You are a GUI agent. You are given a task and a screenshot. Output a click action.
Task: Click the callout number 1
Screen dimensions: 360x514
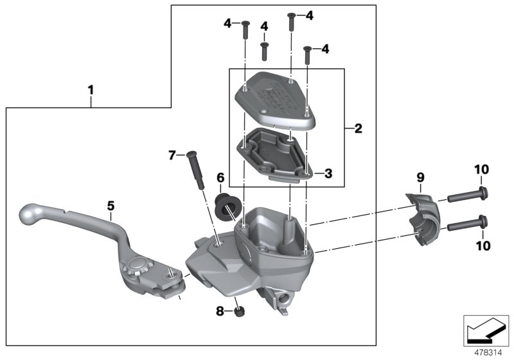[x=91, y=91]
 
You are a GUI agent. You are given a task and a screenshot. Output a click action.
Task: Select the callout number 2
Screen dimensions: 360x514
[x=358, y=129]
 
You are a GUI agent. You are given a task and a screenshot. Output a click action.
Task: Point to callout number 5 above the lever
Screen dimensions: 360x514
[x=111, y=206]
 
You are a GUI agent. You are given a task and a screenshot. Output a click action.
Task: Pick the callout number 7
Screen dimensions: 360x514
[x=172, y=155]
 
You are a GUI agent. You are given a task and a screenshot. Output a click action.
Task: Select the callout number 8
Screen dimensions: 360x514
[x=220, y=311]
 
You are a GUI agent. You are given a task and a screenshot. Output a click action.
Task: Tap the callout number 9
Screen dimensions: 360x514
[x=420, y=177]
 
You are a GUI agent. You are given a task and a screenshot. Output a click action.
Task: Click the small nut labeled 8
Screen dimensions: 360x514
[x=239, y=311]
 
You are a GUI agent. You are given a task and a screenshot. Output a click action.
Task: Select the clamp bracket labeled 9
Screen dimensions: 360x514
[x=422, y=212]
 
